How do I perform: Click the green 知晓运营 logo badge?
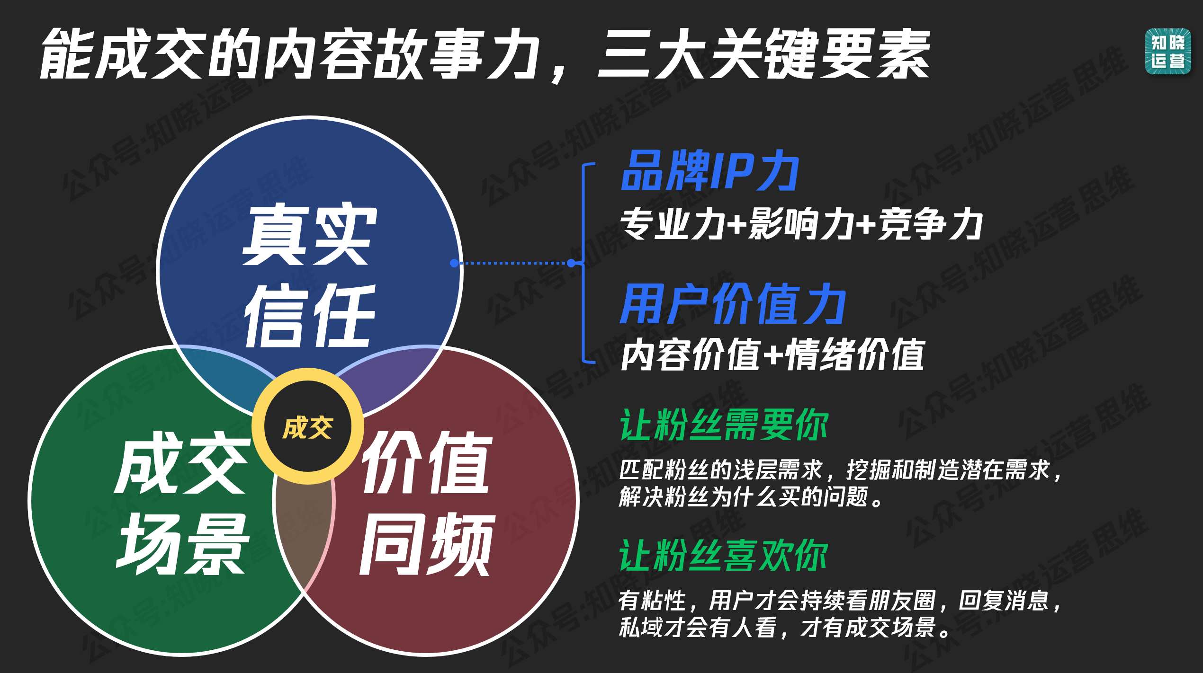click(x=1167, y=51)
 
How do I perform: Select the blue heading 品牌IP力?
click(x=709, y=171)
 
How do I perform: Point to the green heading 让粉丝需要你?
click(x=724, y=425)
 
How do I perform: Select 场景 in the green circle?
click(x=183, y=544)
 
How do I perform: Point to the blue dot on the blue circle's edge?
click(x=454, y=263)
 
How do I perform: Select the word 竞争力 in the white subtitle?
click(x=930, y=224)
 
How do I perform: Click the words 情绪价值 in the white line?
click(x=854, y=355)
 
